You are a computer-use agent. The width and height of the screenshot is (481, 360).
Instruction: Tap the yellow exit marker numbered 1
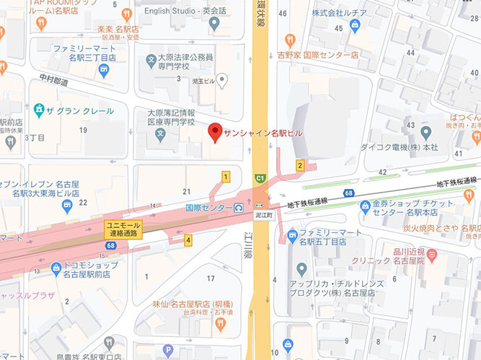click(x=226, y=177)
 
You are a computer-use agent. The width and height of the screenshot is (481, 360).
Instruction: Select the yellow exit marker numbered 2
click(x=299, y=166)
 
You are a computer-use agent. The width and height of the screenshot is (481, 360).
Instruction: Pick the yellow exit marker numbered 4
click(x=188, y=240)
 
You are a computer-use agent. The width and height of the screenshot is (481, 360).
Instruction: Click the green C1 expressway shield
click(x=259, y=177)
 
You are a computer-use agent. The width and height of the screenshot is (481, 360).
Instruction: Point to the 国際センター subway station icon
click(x=239, y=208)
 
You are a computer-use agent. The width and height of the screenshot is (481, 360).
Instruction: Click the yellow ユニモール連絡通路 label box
click(x=124, y=229)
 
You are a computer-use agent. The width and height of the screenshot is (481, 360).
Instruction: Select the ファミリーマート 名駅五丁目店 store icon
click(x=292, y=234)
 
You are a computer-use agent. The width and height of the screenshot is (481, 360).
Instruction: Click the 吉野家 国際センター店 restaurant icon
click(x=290, y=40)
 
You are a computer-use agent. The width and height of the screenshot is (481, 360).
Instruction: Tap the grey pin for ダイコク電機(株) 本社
click(x=425, y=133)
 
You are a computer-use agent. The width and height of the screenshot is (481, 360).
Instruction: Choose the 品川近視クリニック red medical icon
click(x=431, y=254)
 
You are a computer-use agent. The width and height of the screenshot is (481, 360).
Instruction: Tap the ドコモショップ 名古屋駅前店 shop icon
click(x=56, y=268)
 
